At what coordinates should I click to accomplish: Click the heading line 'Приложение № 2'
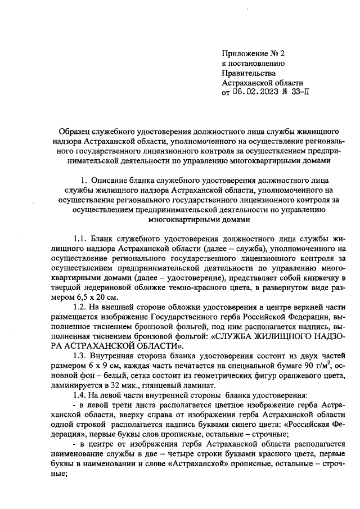point(254,54)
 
